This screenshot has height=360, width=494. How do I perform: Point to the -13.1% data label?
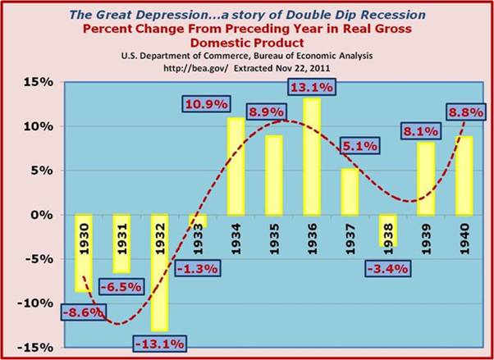(x=161, y=343)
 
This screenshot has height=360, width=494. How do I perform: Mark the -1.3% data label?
(x=199, y=267)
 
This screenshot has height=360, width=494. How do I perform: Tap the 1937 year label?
(x=349, y=234)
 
